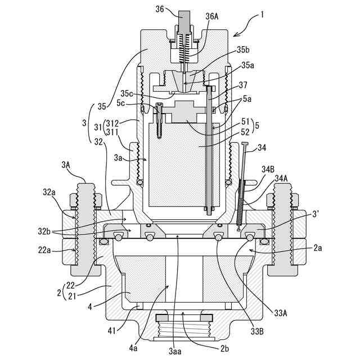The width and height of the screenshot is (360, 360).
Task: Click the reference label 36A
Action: pos(211,16)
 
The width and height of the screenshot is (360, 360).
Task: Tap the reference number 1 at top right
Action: pos(262,15)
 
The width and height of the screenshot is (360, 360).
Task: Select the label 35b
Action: pos(243,50)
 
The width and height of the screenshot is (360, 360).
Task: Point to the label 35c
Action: pos(127,93)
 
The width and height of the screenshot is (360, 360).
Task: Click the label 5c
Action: pos(121,103)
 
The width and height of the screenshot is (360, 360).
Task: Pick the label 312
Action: pos(112,123)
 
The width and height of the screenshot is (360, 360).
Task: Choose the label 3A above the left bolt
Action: pos(66,165)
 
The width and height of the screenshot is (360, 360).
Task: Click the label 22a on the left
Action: pos(44,250)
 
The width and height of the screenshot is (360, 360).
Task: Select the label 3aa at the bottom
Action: pos(175,351)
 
